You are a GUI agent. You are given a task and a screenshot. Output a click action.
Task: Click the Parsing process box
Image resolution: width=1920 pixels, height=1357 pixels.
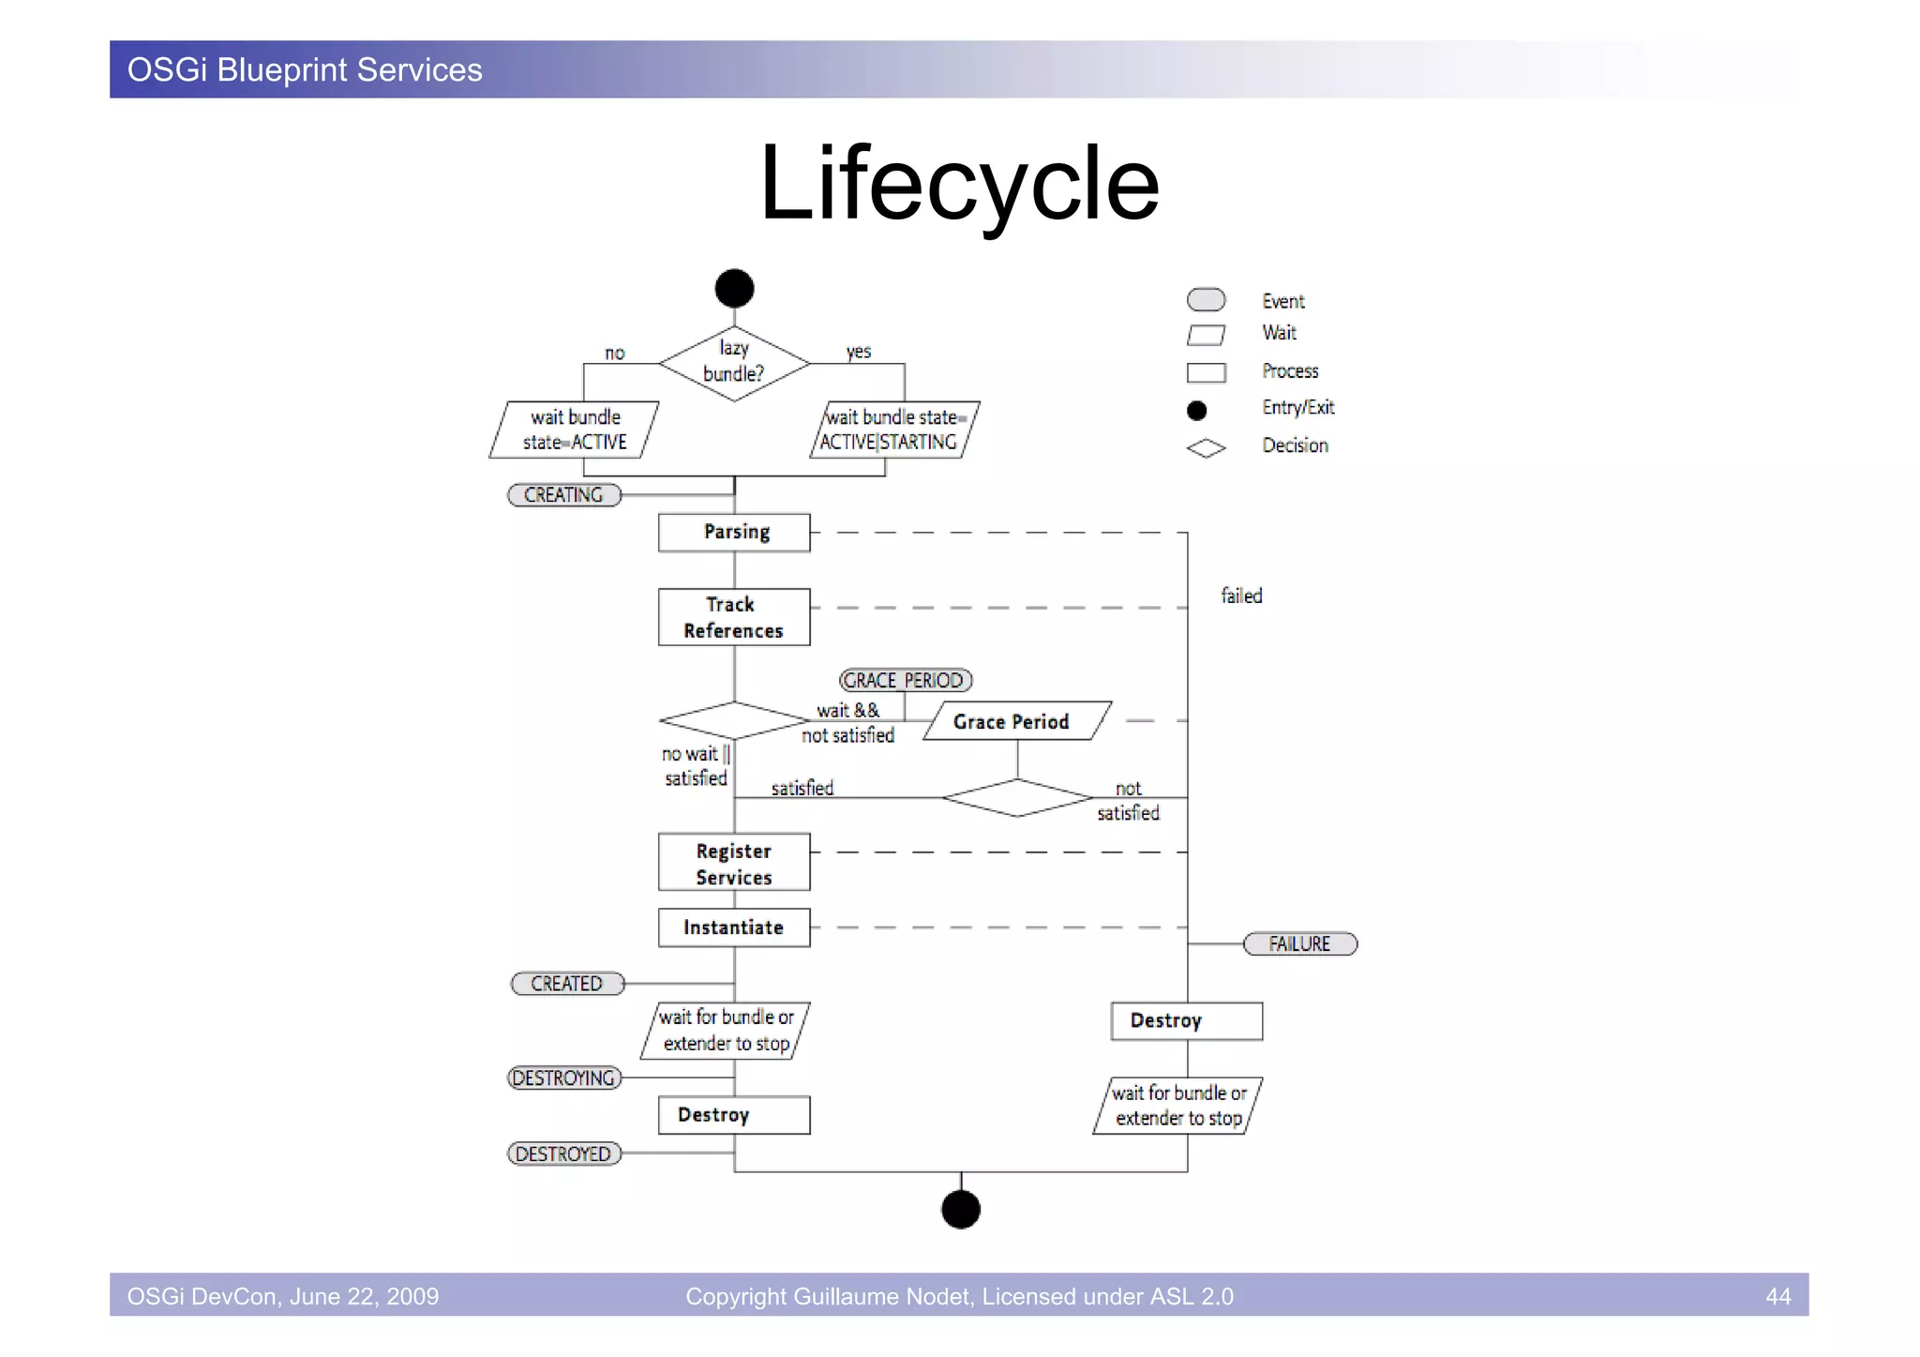pyautogui.click(x=734, y=532)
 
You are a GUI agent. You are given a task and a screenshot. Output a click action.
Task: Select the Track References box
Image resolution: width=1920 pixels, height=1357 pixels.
pyautogui.click(x=734, y=617)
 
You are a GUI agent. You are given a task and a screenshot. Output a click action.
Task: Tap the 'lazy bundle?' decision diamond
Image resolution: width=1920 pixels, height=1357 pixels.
pyautogui.click(x=734, y=363)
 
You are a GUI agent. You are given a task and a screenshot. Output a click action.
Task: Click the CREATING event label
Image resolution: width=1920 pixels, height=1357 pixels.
pyautogui.click(x=563, y=494)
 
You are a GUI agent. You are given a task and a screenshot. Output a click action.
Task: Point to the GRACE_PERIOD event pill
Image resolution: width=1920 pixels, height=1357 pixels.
pyautogui.click(x=905, y=680)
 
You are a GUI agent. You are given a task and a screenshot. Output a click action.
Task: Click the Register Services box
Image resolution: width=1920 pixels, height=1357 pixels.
pyautogui.click(x=734, y=863)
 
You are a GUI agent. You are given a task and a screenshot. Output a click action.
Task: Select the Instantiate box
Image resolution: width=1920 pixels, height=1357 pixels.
pyautogui.click(x=734, y=927)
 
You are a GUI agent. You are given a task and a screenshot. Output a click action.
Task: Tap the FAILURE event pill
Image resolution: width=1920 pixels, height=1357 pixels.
pyautogui.click(x=1299, y=943)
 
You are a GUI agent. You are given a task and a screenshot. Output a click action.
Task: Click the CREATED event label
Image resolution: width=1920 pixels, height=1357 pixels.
pyautogui.click(x=566, y=983)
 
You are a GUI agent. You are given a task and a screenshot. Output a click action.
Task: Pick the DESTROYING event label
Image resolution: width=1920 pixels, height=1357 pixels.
pyautogui.click(x=563, y=1078)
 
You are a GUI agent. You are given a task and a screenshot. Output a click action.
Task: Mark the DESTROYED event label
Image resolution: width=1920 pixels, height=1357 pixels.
pyautogui.click(x=563, y=1153)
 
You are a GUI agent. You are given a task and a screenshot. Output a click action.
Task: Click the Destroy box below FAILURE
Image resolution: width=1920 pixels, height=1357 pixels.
pyautogui.click(x=1186, y=1020)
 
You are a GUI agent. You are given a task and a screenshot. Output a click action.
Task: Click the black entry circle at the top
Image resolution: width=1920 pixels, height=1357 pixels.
pyautogui.click(x=734, y=288)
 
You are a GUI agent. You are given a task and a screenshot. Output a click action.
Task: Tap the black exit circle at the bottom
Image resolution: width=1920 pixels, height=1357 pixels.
pyautogui.click(x=960, y=1209)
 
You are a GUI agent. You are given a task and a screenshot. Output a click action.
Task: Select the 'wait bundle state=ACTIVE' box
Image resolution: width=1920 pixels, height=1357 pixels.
pyautogui.click(x=574, y=430)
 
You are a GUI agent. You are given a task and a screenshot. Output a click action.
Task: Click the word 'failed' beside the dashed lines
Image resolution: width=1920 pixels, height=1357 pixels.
pyautogui.click(x=1241, y=596)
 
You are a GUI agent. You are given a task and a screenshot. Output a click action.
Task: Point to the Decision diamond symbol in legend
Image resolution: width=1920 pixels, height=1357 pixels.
pyautogui.click(x=1206, y=448)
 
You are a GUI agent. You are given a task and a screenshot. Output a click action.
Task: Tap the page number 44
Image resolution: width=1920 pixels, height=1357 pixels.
pyautogui.click(x=1777, y=1296)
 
